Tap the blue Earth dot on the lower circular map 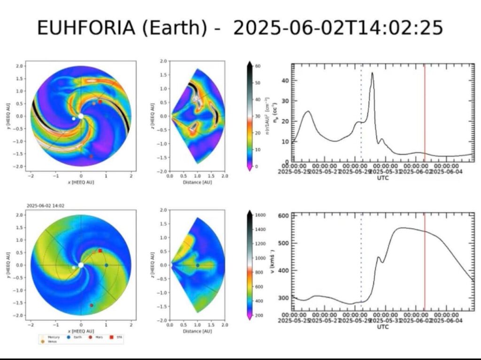(106, 265)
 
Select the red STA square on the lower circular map (100, 251)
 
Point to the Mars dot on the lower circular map (92, 305)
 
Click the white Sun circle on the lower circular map (81, 265)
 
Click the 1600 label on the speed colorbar (261, 214)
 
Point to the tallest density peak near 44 (372, 73)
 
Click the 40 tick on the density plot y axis (286, 81)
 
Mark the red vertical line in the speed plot (425, 263)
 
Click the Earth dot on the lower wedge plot (197, 265)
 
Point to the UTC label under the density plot (383, 178)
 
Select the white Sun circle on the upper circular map (81, 116)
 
